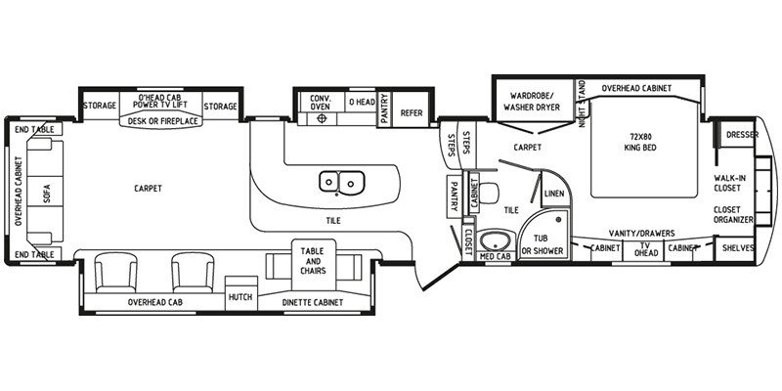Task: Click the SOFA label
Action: click(47, 194)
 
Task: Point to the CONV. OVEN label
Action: click(322, 103)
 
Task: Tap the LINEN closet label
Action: click(553, 194)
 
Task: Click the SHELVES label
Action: click(739, 249)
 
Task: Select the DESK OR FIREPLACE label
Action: click(163, 122)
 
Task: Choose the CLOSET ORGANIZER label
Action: click(733, 216)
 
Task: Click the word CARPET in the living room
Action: click(149, 188)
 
